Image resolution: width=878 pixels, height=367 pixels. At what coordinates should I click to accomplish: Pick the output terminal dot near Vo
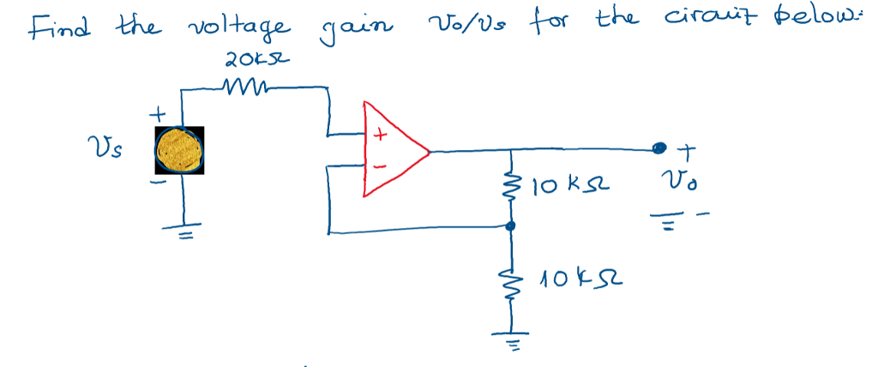(x=659, y=150)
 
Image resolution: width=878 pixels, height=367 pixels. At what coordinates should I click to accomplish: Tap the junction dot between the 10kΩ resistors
(x=512, y=226)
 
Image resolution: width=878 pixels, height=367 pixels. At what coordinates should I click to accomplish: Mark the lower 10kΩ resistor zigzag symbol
(x=512, y=280)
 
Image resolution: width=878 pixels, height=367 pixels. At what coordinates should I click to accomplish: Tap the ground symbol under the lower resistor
(x=512, y=340)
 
